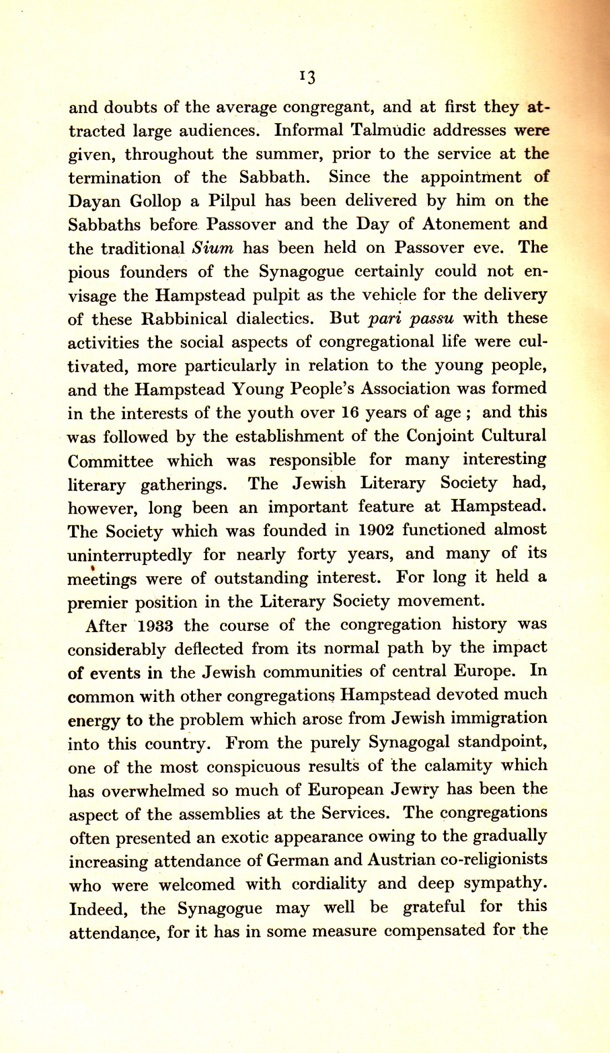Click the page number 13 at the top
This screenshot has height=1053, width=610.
(x=307, y=77)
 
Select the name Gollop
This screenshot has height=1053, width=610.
(x=155, y=201)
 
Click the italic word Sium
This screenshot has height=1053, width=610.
(x=212, y=248)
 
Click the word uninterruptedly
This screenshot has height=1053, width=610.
(x=130, y=555)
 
